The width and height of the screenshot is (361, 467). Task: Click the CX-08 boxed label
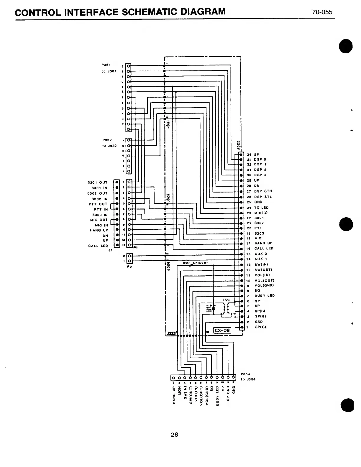(x=222, y=330)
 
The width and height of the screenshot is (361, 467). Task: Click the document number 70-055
(x=322, y=12)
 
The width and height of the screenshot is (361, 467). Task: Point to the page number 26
(x=174, y=435)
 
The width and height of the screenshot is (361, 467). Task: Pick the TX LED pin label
(x=261, y=208)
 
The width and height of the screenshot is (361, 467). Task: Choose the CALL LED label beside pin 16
(x=264, y=248)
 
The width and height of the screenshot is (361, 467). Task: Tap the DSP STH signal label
(x=263, y=191)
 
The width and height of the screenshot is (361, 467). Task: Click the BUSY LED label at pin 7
(x=265, y=295)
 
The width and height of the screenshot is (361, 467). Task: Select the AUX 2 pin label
(x=261, y=254)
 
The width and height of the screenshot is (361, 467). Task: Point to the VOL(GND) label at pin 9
(x=264, y=285)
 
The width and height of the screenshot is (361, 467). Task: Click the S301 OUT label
(x=99, y=182)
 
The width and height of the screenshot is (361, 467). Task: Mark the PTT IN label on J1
(x=101, y=209)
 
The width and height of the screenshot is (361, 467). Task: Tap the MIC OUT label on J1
(x=99, y=220)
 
